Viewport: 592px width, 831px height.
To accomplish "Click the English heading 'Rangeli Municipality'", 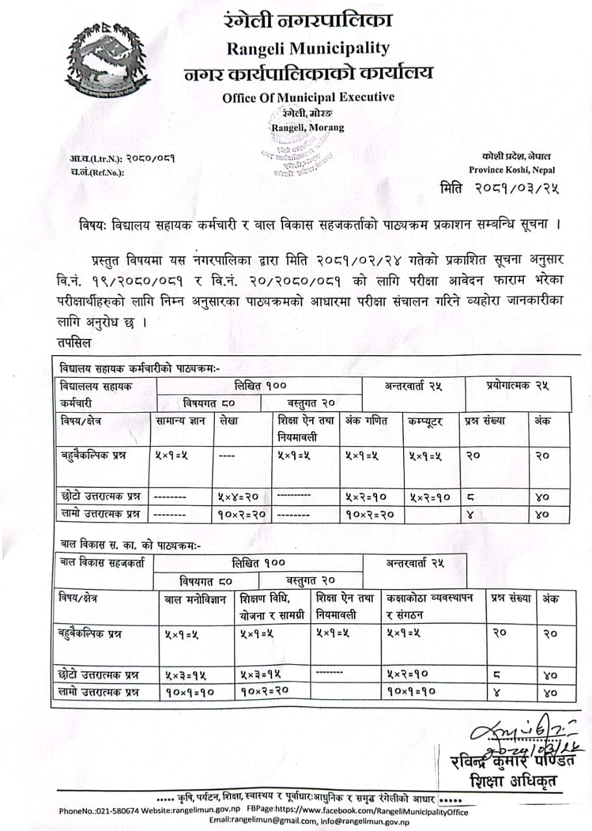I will (308, 48).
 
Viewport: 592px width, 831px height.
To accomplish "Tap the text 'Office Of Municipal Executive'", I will (308, 97).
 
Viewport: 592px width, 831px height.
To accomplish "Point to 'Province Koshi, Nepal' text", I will (512, 170).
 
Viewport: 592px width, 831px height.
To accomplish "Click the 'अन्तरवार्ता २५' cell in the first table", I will (413, 386).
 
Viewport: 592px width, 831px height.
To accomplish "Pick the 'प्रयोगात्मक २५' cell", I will (517, 386).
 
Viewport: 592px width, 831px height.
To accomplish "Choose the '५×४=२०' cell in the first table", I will (240, 497).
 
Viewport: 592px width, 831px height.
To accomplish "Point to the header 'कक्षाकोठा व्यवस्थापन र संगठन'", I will (430, 604).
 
